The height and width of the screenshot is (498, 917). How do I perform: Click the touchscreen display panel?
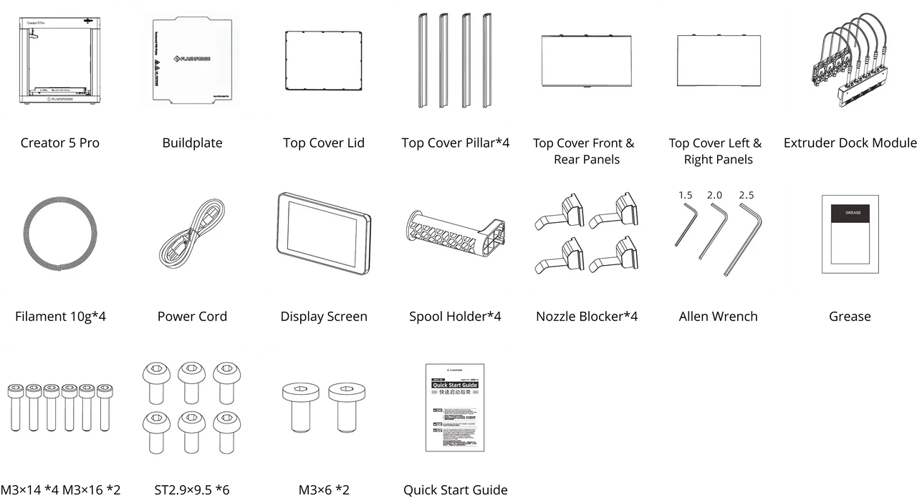pyautogui.click(x=323, y=233)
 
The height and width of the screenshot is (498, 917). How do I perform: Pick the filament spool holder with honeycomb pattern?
pyautogui.click(x=456, y=233)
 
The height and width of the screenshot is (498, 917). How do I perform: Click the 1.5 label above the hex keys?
pyautogui.click(x=686, y=195)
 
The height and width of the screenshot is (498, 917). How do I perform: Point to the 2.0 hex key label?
pyautogui.click(x=714, y=195)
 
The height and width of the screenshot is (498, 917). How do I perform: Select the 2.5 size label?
pyautogui.click(x=746, y=195)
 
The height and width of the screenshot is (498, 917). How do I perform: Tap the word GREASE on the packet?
pyautogui.click(x=853, y=213)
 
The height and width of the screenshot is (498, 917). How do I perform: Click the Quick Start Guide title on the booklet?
pyautogui.click(x=454, y=386)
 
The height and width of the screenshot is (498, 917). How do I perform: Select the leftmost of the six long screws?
pyautogui.click(x=15, y=407)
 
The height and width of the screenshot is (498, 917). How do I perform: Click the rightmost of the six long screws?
pyautogui.click(x=105, y=407)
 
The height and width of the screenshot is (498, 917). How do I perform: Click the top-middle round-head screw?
pyautogui.click(x=191, y=381)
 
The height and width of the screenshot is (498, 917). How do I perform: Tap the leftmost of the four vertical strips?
pyautogui.click(x=422, y=60)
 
